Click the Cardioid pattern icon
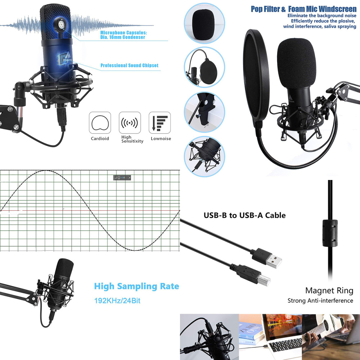coord(100,123)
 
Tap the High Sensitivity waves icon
coord(130,123)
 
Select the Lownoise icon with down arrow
coord(159,123)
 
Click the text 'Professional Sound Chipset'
coord(130,66)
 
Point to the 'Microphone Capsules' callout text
coord(123,35)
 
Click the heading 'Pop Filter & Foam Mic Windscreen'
coord(303,9)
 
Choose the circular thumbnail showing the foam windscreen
coord(204,23)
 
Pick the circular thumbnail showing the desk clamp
coord(204,112)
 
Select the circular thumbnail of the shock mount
coord(204,157)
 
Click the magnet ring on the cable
coord(330,233)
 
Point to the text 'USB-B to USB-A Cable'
coord(245,215)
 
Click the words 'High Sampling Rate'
coord(136,286)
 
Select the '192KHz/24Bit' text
coord(117,301)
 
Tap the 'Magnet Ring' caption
coord(329,291)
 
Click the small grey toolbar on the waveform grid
coord(122,177)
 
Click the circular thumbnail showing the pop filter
coord(204,67)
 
